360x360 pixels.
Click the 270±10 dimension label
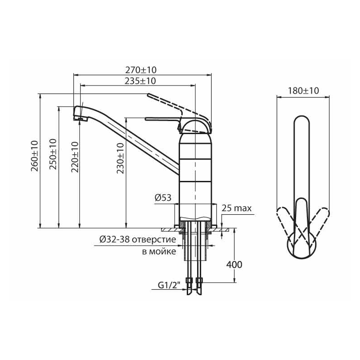[141, 70]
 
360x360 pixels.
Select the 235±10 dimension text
[140, 81]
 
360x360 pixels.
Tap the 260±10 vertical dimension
[35, 156]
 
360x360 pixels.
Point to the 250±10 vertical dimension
[53, 154]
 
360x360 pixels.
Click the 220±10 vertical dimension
[75, 157]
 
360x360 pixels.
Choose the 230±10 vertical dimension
[120, 158]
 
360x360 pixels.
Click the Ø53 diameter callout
[163, 198]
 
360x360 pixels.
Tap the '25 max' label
[237, 208]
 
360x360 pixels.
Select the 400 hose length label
[234, 265]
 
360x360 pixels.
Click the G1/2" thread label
[169, 285]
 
